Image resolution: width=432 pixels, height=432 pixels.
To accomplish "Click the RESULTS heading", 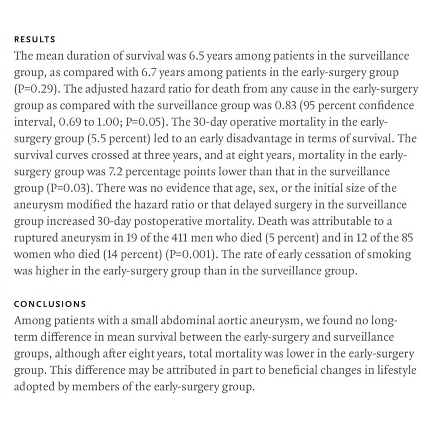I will click(34, 40).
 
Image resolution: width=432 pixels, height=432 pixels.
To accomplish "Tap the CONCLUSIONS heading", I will click(50, 304).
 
